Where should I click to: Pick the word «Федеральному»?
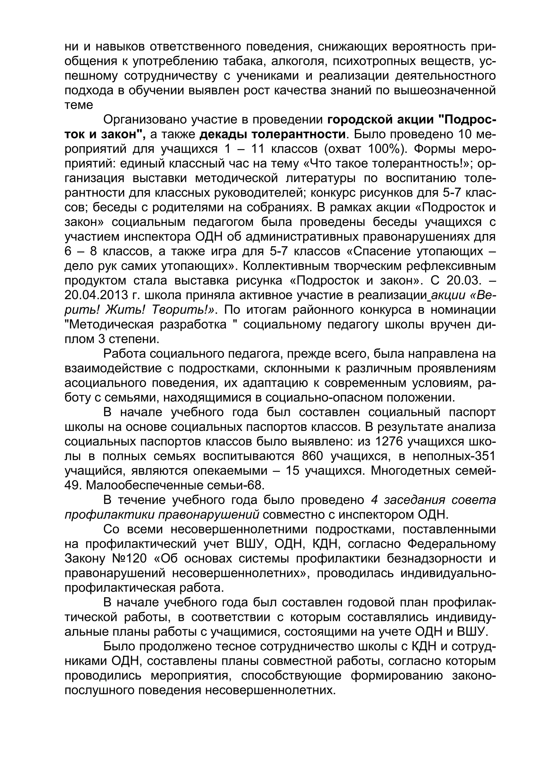coord(451,544)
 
